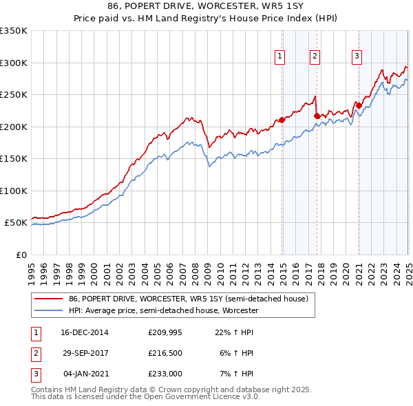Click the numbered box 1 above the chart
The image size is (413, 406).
(282, 57)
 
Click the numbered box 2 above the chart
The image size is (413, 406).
(315, 57)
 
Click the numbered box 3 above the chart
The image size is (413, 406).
(358, 57)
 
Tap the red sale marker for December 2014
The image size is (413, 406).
(282, 120)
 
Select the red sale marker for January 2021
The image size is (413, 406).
(359, 105)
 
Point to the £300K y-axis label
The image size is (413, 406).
(14, 63)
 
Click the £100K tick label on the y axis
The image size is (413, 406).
(14, 191)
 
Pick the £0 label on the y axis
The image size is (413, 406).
(22, 255)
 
